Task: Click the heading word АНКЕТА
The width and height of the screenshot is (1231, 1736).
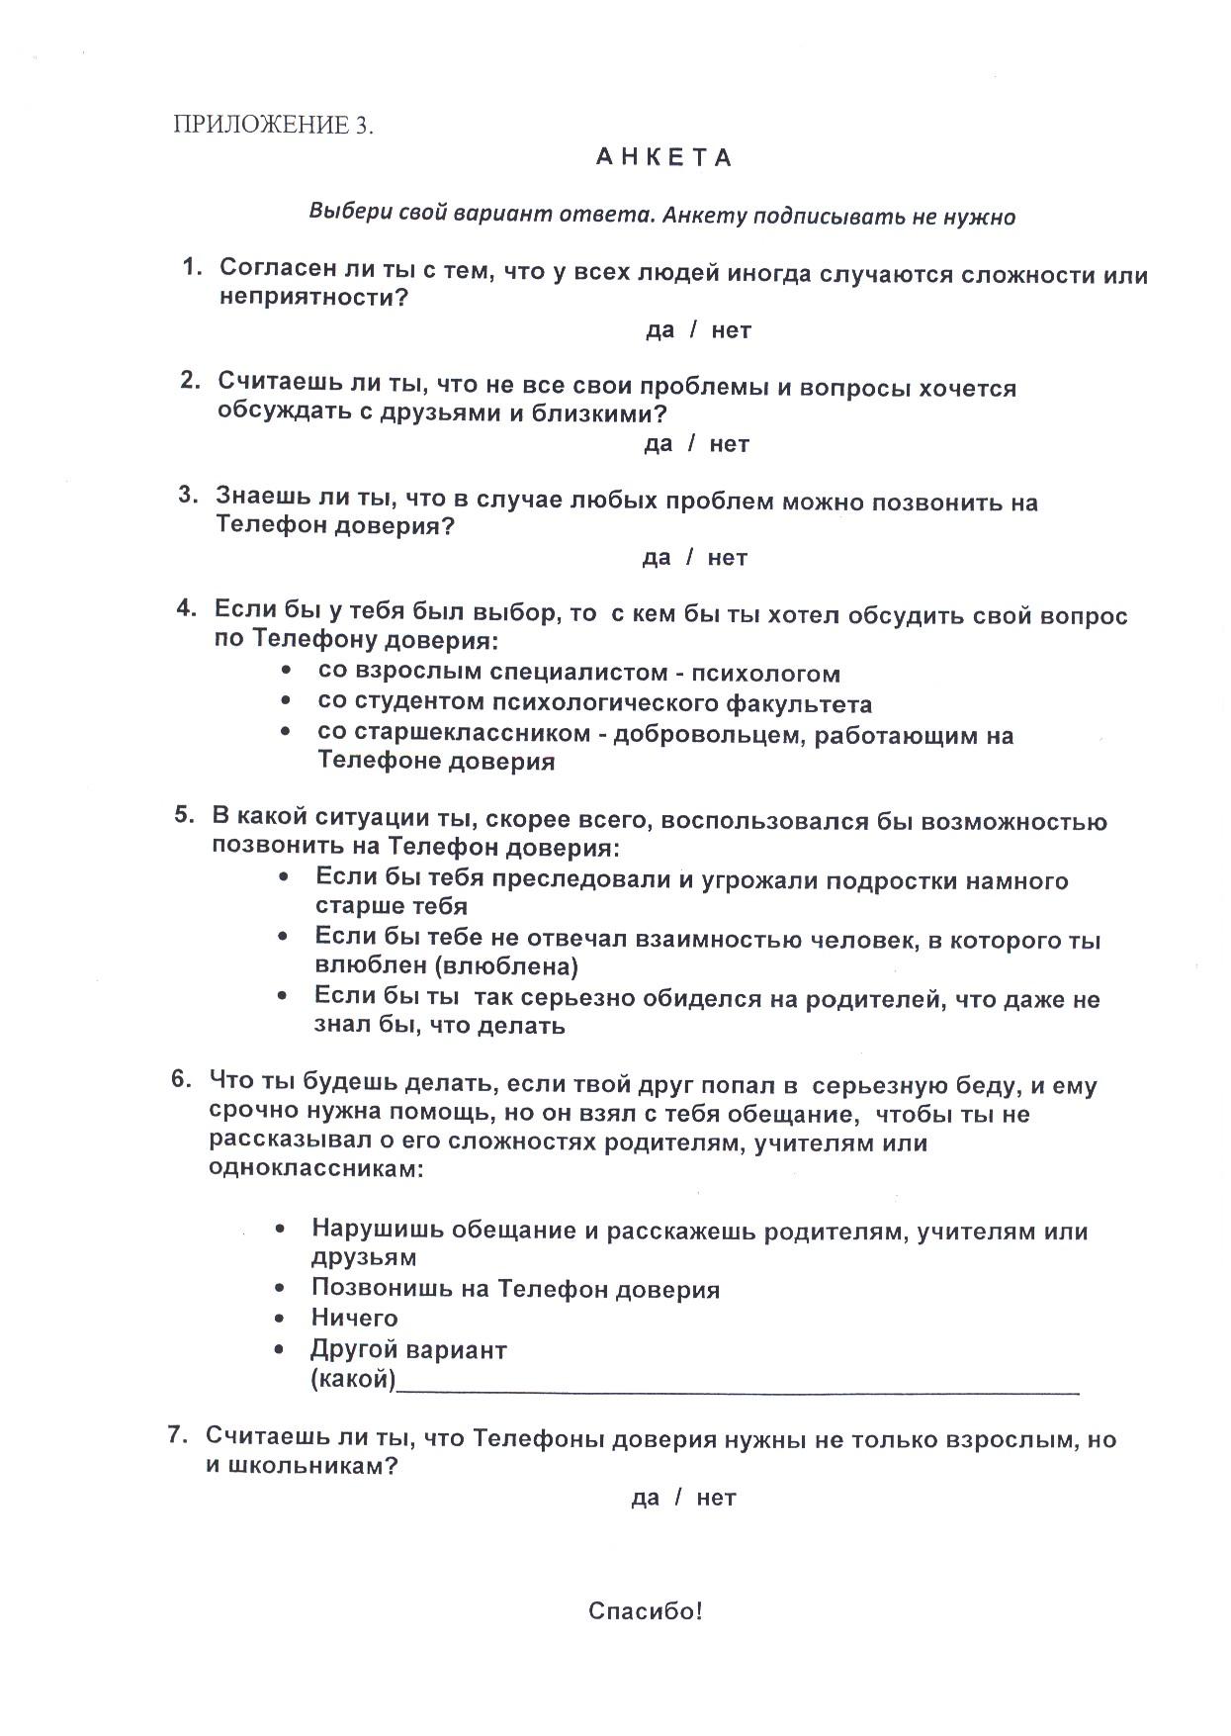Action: click(x=663, y=159)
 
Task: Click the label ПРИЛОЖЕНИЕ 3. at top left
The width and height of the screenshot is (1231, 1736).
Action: click(x=274, y=125)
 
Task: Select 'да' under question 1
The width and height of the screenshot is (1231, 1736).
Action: click(x=659, y=330)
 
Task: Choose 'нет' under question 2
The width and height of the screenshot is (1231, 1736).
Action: click(x=729, y=444)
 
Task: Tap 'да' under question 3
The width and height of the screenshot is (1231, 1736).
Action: click(x=657, y=558)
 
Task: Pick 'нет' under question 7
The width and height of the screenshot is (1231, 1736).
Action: click(x=716, y=1498)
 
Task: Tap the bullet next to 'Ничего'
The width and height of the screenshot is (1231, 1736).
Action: click(x=283, y=1318)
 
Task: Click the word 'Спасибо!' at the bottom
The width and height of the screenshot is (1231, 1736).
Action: click(x=646, y=1611)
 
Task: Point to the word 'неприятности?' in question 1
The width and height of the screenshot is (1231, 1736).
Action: click(x=313, y=298)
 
